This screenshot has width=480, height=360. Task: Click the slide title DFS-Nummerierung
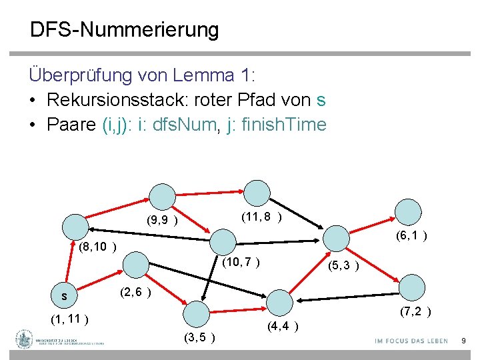[x=124, y=30]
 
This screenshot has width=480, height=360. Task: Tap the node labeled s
[x=65, y=295]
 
